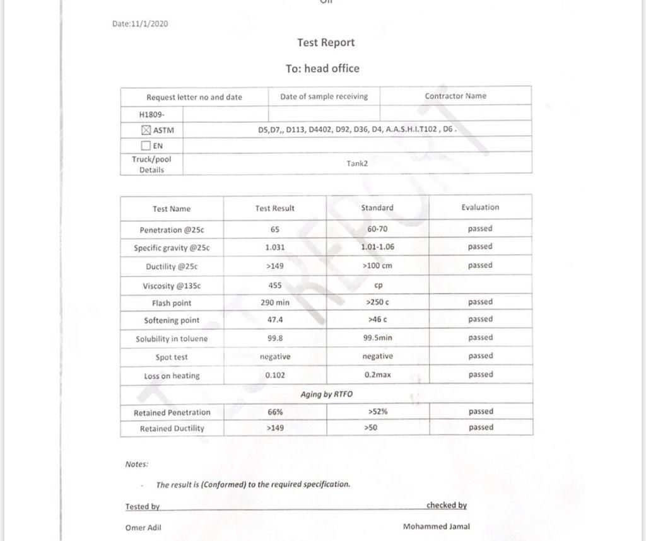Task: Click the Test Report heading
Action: coord(326,43)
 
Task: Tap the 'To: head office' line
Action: coord(322,68)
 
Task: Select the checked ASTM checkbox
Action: coord(146,131)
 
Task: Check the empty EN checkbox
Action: coord(146,145)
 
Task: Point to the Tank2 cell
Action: coord(357,163)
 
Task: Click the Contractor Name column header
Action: coord(455,96)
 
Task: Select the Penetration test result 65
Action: coord(274,230)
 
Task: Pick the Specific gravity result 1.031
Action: coord(274,247)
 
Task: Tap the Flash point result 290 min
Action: coord(274,303)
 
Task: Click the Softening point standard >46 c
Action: coord(377,320)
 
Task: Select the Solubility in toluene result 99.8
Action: coord(274,338)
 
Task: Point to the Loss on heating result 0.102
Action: coord(274,375)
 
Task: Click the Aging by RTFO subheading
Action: coord(327,394)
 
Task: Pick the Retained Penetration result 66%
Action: coord(274,412)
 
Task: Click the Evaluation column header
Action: coord(480,207)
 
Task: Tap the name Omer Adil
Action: coord(143,528)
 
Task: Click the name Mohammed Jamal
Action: coord(436,526)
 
